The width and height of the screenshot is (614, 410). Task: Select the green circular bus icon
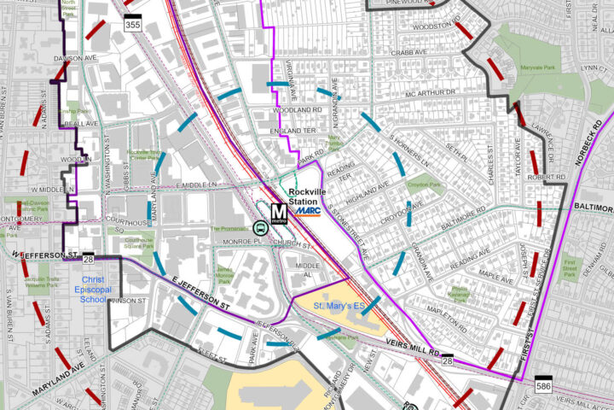[x=259, y=228]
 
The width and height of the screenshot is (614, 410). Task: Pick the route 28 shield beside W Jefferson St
[x=89, y=257]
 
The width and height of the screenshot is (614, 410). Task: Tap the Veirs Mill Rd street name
[x=408, y=348]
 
